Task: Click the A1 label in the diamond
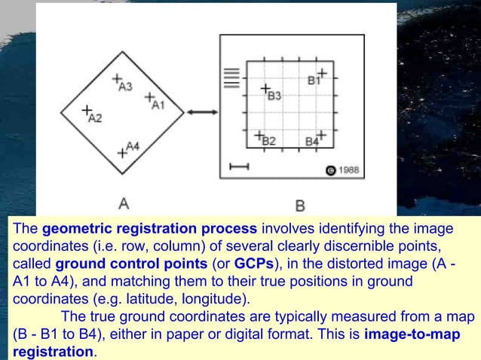point(158,105)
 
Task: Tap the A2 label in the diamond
point(95,117)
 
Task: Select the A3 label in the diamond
point(126,87)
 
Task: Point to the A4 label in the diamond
point(133,145)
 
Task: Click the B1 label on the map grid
point(313,79)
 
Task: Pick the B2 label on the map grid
point(269,141)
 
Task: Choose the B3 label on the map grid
point(274,96)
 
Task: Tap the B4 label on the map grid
point(311,141)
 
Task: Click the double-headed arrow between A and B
point(201,112)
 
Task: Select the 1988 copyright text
point(348,170)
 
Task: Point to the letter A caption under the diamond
point(124,202)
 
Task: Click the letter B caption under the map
point(299,205)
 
